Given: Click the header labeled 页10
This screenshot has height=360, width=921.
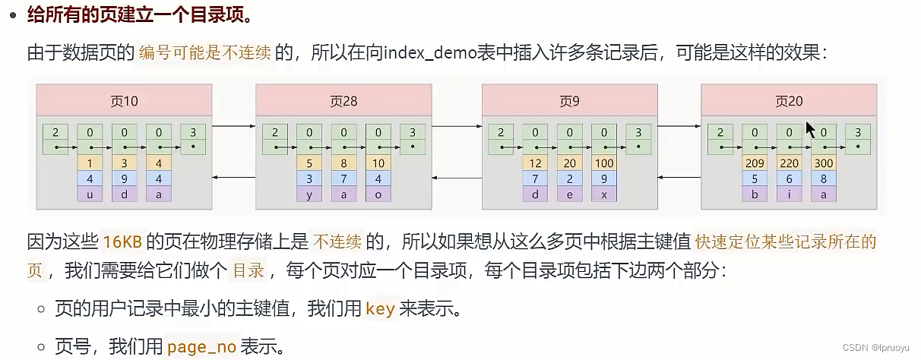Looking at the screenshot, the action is (x=124, y=100).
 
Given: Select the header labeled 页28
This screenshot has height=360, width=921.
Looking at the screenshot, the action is (x=343, y=100).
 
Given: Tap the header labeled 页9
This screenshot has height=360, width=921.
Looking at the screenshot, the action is (x=569, y=100).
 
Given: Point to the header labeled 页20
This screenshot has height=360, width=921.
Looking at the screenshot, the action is (x=789, y=100).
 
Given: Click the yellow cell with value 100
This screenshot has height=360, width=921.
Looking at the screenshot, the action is (x=605, y=163).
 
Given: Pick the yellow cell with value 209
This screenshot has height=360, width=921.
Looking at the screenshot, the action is (x=755, y=163).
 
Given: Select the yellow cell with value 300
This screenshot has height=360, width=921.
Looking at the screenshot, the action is (x=824, y=163).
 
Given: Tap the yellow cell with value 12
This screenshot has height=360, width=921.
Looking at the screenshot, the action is (x=536, y=163).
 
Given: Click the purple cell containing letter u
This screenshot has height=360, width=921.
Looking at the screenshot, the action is (x=90, y=194).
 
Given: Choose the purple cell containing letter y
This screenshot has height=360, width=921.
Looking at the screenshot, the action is (x=309, y=194).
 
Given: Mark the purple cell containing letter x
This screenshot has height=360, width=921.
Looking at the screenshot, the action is (x=605, y=194).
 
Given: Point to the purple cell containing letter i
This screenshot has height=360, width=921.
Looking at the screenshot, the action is (x=790, y=194).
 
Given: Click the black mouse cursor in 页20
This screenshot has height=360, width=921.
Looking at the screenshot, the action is (x=811, y=129).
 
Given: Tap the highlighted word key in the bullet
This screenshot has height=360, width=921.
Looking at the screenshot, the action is (x=380, y=309).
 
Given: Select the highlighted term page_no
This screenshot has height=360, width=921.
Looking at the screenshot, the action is (x=202, y=347).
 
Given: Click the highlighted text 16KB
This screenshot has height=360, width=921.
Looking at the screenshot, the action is (x=122, y=242).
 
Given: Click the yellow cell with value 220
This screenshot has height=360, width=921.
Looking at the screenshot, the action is (x=790, y=163).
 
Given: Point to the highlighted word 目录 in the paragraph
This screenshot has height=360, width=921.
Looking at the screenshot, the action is (x=248, y=270).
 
